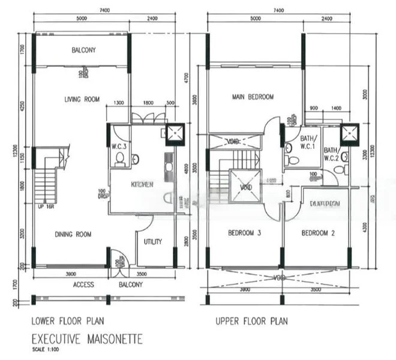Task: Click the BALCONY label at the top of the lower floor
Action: point(83,50)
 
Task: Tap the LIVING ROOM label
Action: point(82,100)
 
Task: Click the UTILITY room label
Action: point(154,241)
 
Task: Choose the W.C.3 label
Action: point(119,145)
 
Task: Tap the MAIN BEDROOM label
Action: point(253,97)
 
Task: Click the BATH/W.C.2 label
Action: point(331,154)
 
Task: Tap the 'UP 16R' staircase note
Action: point(45,206)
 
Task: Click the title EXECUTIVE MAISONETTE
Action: point(86,339)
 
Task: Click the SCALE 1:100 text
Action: point(45,349)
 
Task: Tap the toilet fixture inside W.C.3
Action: point(119,159)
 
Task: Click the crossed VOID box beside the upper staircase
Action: point(246,186)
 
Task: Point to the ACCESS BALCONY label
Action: point(108,284)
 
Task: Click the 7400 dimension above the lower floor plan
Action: point(100,11)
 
